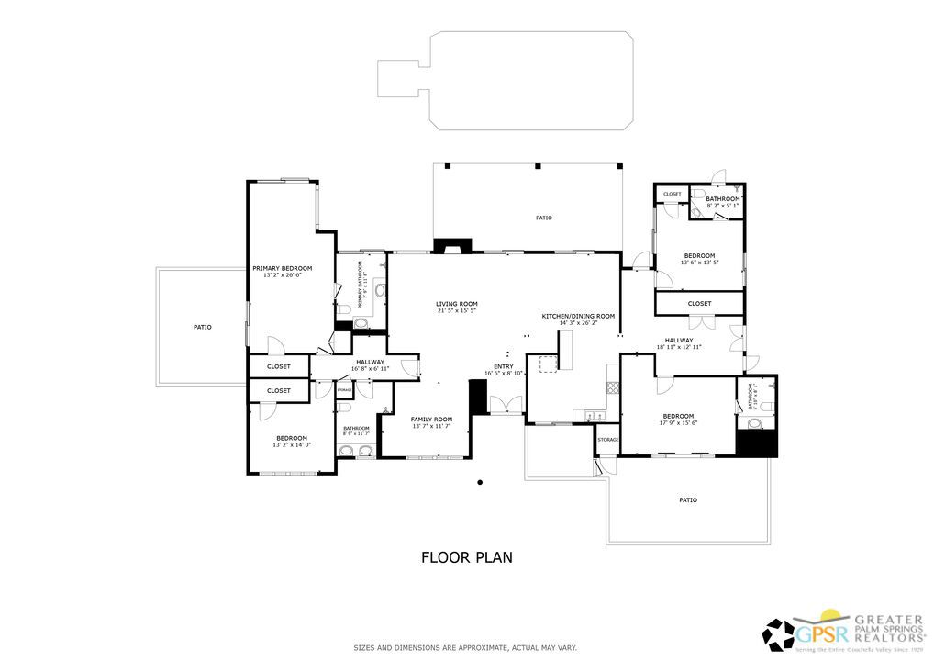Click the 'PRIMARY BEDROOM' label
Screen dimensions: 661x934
283,268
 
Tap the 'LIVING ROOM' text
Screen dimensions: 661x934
456,303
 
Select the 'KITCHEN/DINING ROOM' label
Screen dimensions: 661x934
578,316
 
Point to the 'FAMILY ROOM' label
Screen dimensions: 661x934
431,419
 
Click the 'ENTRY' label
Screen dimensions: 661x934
504,365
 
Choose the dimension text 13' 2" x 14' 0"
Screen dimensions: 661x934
292,445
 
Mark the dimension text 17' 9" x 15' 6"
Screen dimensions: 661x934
678,423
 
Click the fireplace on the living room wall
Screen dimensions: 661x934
451,245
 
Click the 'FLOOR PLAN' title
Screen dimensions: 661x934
466,556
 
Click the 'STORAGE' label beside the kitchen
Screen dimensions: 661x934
608,440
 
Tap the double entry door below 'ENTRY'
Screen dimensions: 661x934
506,405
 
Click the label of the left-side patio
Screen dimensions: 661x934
202,326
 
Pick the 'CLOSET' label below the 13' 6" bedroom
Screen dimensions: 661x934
699,303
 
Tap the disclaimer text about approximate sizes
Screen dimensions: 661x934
466,648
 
